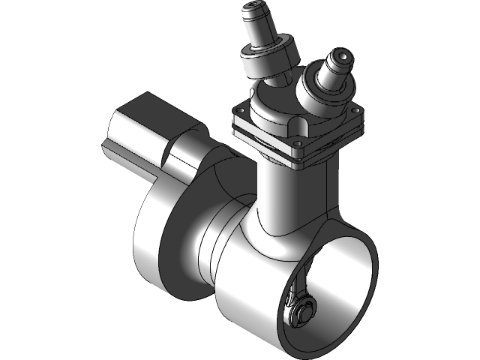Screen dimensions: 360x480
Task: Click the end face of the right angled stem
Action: pos(341,57)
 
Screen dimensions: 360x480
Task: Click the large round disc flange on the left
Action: pos(161,240)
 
